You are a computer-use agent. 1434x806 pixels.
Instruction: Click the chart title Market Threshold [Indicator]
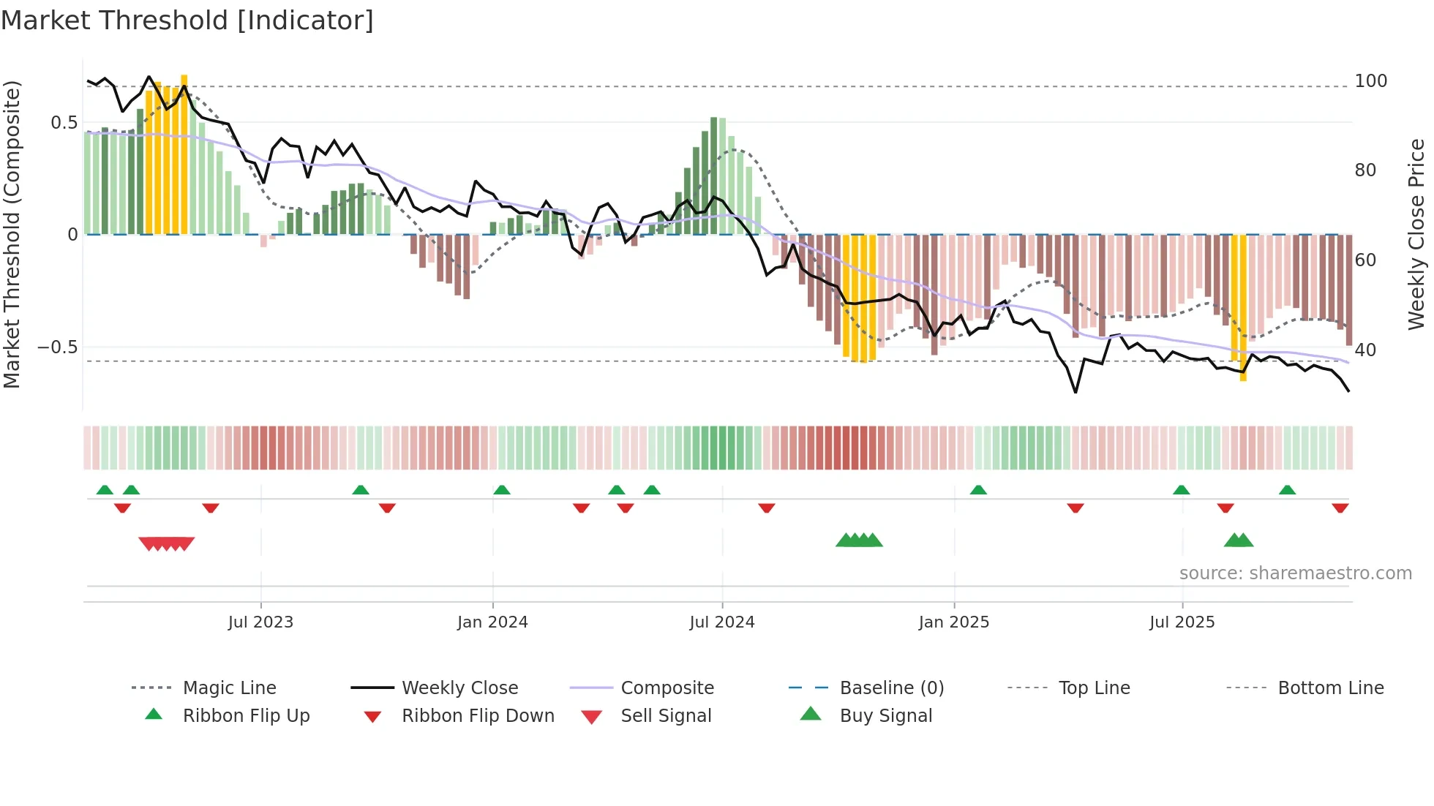[x=187, y=20]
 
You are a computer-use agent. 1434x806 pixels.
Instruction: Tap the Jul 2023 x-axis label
[x=260, y=622]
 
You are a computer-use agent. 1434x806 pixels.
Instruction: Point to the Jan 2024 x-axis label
[x=492, y=622]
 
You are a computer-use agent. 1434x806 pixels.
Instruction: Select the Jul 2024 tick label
[x=721, y=622]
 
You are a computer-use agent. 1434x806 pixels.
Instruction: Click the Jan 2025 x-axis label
[x=953, y=622]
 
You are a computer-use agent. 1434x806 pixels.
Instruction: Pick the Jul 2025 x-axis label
[x=1182, y=622]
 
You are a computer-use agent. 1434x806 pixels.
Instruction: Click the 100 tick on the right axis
[x=1370, y=81]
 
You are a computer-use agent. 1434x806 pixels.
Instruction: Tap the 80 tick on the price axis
[x=1365, y=170]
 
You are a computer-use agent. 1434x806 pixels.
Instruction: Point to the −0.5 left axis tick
[x=58, y=347]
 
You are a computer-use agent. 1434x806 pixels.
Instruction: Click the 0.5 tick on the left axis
[x=64, y=123]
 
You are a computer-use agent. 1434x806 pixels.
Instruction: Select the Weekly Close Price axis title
[x=1416, y=234]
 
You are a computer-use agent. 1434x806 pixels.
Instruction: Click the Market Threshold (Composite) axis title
[x=12, y=234]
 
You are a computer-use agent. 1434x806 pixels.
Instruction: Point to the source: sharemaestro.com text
[x=1295, y=573]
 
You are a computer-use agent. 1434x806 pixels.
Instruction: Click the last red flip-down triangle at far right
[x=1340, y=508]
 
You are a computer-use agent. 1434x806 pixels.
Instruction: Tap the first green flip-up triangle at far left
[x=105, y=490]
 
